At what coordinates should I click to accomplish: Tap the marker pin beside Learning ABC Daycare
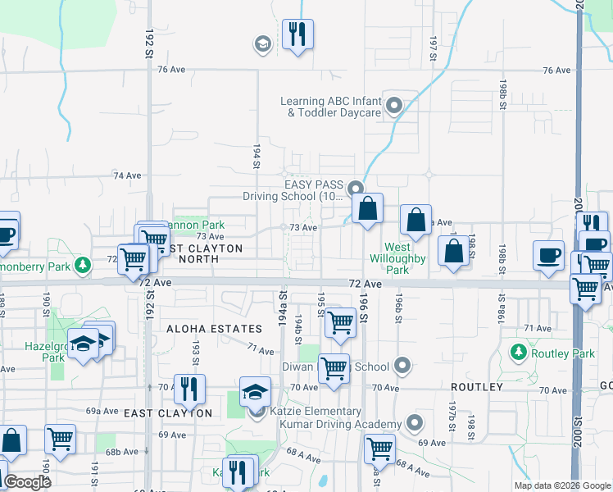[394, 107]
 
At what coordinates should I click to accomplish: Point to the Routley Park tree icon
[518, 353]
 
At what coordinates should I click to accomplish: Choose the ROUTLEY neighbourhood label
[475, 386]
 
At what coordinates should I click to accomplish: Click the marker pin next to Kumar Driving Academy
[415, 424]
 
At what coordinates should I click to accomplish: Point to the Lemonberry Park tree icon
[82, 266]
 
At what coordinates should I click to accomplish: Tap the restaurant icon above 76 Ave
[297, 34]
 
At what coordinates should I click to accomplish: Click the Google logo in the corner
[27, 482]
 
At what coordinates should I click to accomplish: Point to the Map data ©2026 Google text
[562, 485]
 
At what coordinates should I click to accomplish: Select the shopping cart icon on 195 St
[339, 324]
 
